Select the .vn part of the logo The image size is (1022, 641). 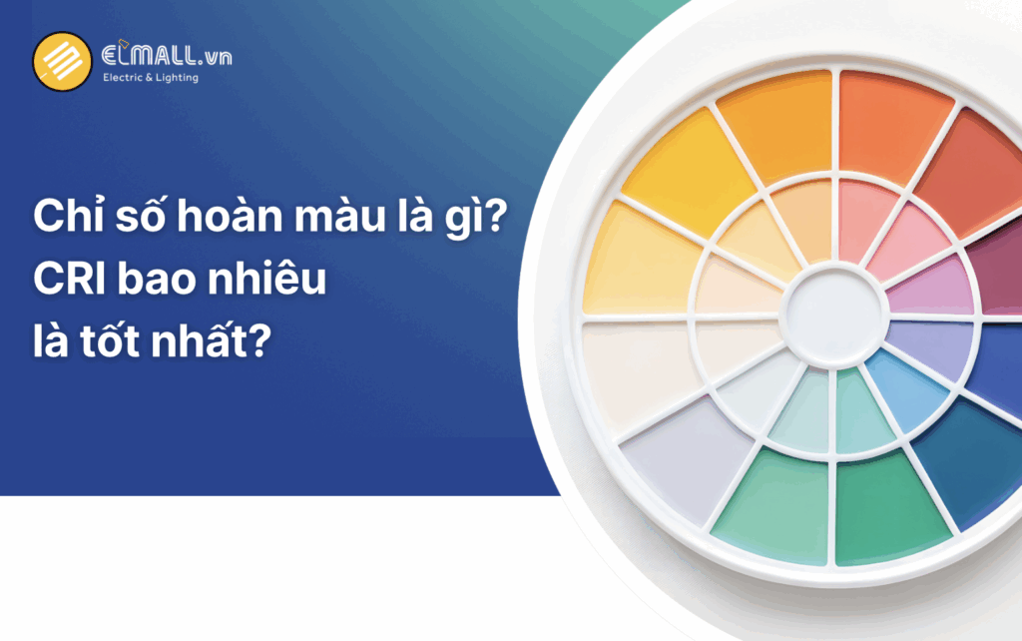coord(213,57)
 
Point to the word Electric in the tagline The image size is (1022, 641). coord(126,78)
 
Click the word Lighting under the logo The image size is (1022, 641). coord(177,79)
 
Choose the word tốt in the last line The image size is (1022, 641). coord(127,344)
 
